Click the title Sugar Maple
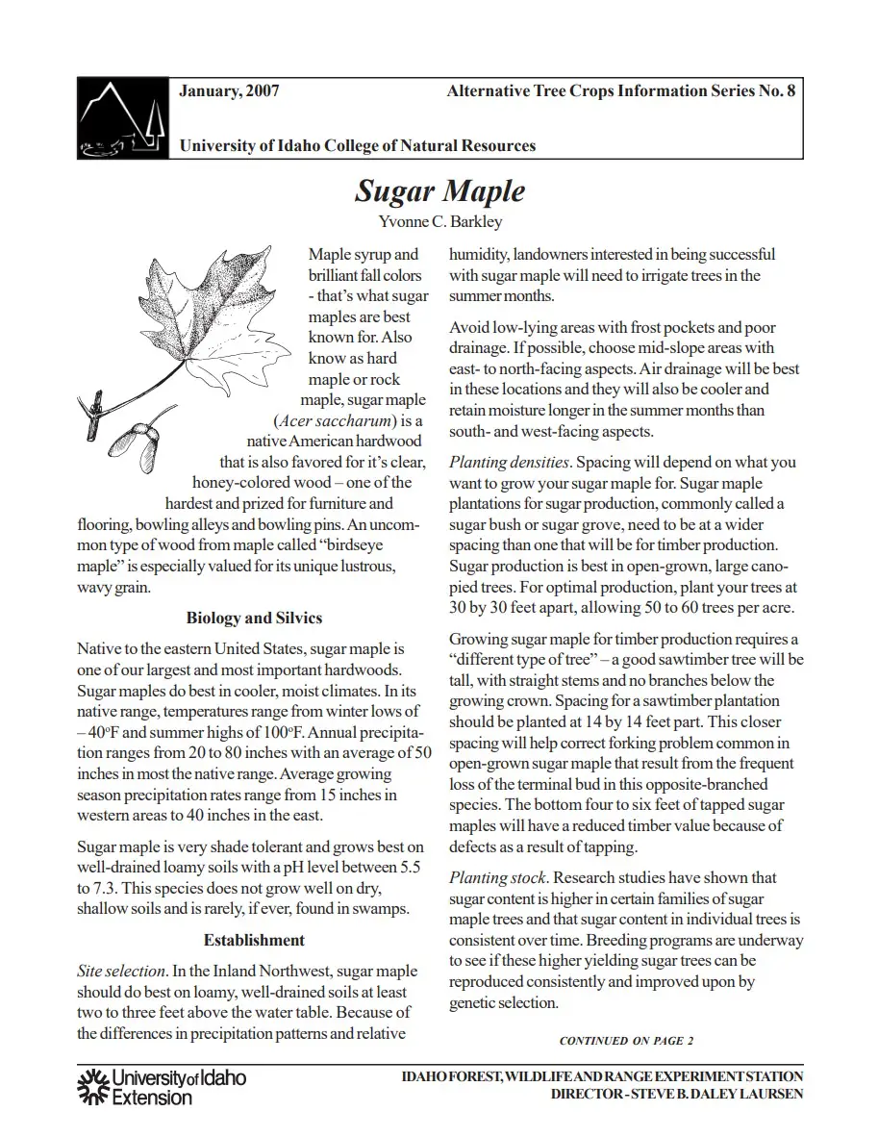click(439, 190)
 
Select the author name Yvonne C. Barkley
click(439, 222)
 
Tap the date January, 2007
click(229, 91)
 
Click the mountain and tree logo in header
click(122, 116)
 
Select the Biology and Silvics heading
click(254, 618)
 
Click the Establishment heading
click(254, 940)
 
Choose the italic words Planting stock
click(498, 877)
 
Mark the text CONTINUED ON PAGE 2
click(626, 1040)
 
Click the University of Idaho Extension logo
click(161, 1086)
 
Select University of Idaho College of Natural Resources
click(357, 146)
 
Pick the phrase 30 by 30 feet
click(496, 608)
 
